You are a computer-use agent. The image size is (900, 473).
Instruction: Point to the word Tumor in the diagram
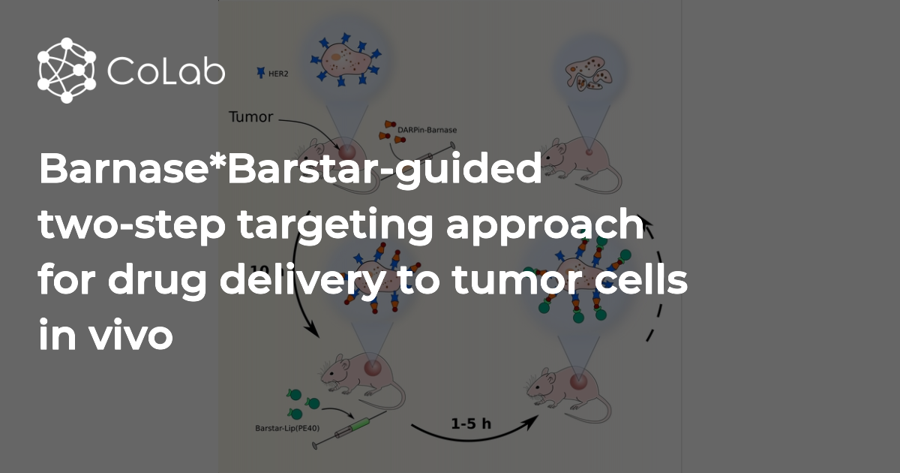(250, 117)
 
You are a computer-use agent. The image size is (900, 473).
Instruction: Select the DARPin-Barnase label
(428, 130)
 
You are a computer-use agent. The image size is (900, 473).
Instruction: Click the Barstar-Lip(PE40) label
(278, 429)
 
